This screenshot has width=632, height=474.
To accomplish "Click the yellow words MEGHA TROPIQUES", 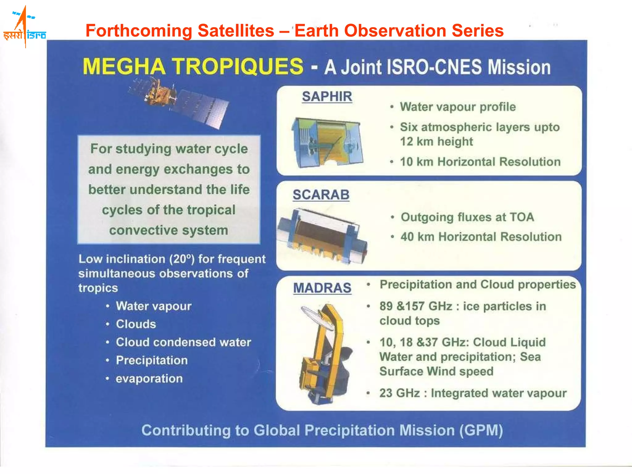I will coord(193,67).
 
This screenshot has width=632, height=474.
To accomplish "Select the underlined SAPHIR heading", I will coord(327,97).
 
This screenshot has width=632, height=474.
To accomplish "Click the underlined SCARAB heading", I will coord(321,195).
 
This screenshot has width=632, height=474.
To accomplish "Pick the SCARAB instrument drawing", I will coord(322,236).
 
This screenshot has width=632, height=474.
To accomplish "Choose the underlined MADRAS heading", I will coord(322,288).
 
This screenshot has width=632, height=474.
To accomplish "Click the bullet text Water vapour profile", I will coord(458,107).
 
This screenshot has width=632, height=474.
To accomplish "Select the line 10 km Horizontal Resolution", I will coord(480,162).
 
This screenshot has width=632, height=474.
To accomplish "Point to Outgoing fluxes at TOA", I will coord(467,217).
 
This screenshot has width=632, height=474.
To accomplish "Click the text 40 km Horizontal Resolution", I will coord(481,237).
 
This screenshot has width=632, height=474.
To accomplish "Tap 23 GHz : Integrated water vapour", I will coord(473,393).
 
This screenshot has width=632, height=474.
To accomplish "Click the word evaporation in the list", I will coord(149,379).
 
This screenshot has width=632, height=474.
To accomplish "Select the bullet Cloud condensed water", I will coord(183,342).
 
